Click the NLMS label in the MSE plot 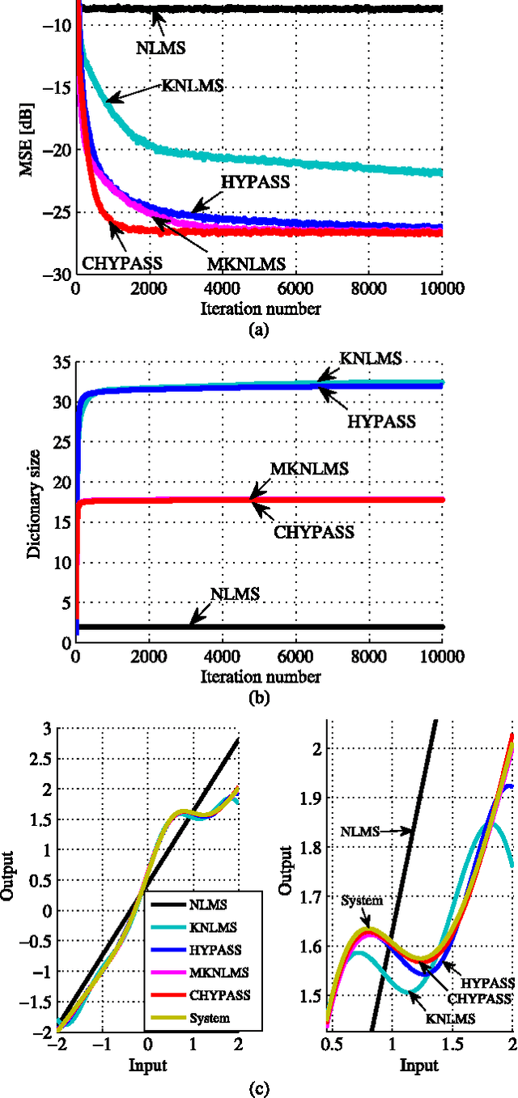coord(161,47)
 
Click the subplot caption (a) coord(258,330)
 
